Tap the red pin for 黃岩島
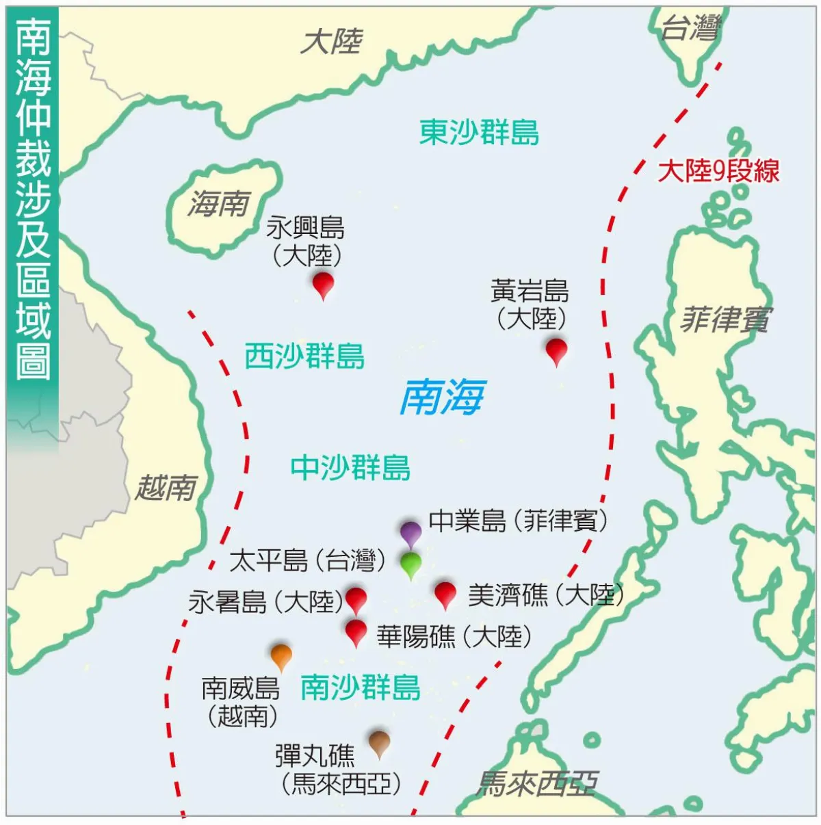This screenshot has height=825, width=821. click(556, 350)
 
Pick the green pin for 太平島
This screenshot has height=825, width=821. click(410, 564)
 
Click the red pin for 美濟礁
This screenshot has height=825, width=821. click(445, 593)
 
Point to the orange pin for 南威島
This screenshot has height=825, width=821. click(281, 655)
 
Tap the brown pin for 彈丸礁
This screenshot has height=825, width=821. click(379, 742)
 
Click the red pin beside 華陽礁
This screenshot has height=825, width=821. click(356, 631)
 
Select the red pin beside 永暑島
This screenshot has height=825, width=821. click(356, 599)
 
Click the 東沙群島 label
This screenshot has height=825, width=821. click(479, 132)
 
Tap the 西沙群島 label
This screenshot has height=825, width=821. click(304, 356)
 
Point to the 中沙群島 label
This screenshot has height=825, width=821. click(350, 468)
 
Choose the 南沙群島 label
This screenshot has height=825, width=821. click(360, 687)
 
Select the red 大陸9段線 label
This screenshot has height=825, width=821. click(718, 171)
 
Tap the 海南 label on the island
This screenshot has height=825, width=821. click(219, 203)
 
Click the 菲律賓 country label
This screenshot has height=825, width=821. click(725, 319)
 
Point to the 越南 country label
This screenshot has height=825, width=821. click(166, 488)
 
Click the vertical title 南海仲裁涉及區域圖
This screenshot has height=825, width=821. click(33, 198)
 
